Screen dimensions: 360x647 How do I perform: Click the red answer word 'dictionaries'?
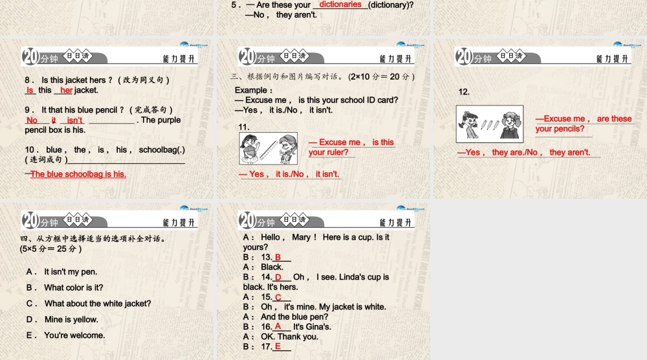click(x=340, y=5)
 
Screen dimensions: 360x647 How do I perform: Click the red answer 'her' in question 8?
click(x=66, y=91)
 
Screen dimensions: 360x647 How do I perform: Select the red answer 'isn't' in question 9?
click(x=75, y=120)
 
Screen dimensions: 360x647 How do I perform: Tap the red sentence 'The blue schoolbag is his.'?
click(x=78, y=174)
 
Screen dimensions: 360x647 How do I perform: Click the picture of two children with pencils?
click(x=490, y=125)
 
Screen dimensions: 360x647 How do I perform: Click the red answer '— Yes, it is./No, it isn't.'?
click(x=289, y=174)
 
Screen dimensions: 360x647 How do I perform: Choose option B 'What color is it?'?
click(x=73, y=287)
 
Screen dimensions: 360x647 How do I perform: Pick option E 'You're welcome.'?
click(x=74, y=335)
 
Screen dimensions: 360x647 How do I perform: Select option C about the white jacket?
click(x=97, y=304)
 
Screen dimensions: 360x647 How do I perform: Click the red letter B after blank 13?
click(x=278, y=258)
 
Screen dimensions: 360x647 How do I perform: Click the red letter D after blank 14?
click(x=278, y=277)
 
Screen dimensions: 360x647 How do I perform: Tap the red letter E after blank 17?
click(x=278, y=347)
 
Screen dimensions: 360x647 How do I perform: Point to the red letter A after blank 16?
click(x=278, y=326)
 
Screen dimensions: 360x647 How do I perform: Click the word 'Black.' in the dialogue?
click(x=272, y=267)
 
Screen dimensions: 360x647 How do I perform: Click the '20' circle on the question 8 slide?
click(x=29, y=57)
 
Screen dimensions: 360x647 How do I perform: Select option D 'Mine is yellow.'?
click(x=71, y=319)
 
